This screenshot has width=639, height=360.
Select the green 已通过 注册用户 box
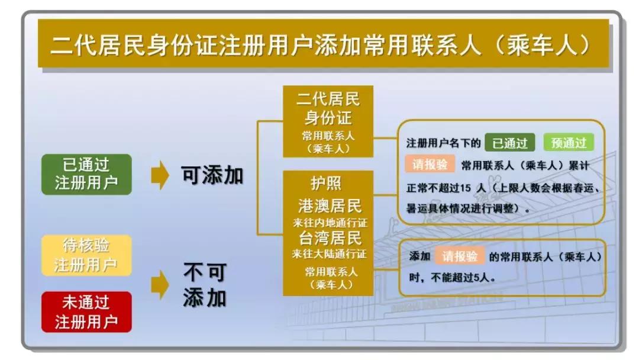tap(86, 174)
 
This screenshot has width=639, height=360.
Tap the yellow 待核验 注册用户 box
tap(86, 255)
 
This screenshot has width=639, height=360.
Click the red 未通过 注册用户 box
tap(86, 311)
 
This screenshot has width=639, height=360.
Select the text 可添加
tap(212, 175)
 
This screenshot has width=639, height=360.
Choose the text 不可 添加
tap(204, 285)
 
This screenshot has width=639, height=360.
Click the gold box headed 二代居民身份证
tap(328, 121)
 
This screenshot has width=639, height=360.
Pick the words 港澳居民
tap(330, 205)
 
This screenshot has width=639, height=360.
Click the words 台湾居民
tap(330, 238)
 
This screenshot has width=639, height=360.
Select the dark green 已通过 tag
tap(509, 143)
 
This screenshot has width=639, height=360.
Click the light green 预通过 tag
tap(569, 143)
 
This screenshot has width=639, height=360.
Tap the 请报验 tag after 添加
tap(460, 256)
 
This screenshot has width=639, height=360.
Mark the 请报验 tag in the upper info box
tap(430, 165)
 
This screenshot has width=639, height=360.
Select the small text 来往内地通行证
tap(330, 223)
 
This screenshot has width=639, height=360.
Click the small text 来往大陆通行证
tap(330, 255)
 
